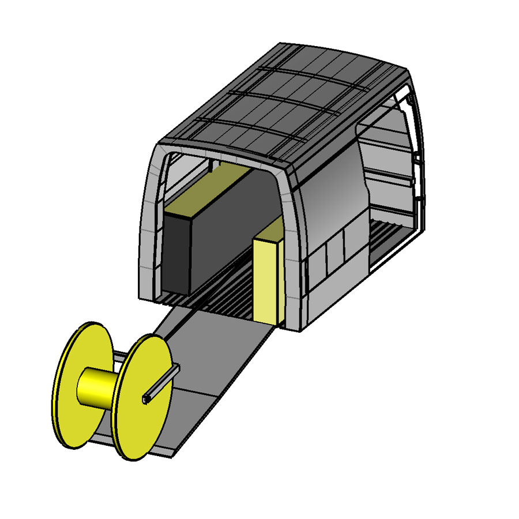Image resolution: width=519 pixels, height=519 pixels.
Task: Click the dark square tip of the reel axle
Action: [145, 399]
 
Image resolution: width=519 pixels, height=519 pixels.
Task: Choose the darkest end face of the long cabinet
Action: [176, 254]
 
